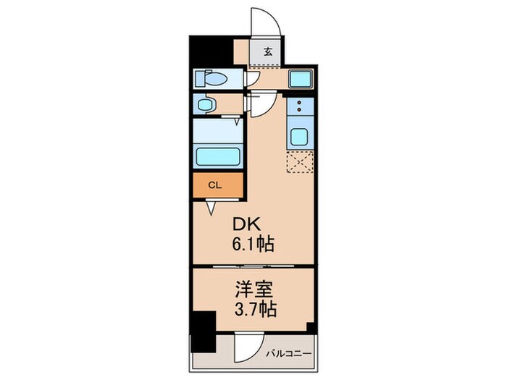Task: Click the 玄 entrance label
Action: (268, 51)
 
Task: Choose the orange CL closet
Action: (214, 185)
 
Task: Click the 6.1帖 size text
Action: (253, 245)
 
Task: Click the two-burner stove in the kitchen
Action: (299, 108)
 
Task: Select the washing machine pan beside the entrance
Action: (299, 79)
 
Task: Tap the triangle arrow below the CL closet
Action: (211, 208)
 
